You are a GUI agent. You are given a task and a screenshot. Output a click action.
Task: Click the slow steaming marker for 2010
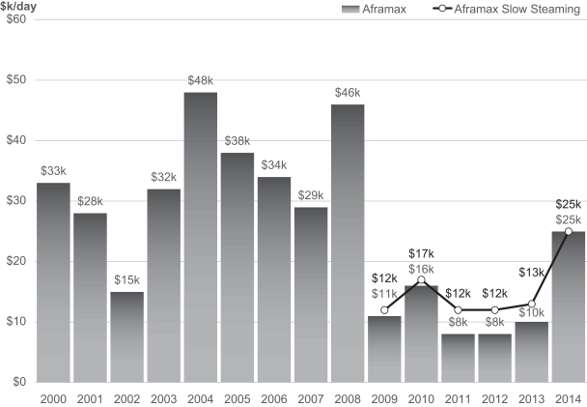point(421,279)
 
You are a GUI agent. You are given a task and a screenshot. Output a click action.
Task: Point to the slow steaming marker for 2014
point(568,231)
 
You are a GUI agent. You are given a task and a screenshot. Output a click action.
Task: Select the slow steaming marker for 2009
point(384,309)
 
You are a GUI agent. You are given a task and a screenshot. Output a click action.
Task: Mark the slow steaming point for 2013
point(531,304)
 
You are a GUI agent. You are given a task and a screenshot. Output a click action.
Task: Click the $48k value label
point(200,81)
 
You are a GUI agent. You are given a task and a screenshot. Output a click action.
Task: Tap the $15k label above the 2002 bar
point(126,280)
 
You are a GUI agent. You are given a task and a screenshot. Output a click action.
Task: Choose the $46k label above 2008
point(347,93)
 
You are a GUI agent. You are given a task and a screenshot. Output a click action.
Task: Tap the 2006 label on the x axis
point(273,397)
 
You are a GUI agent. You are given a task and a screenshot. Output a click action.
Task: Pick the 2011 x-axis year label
point(458,397)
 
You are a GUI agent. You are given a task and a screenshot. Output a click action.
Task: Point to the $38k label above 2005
point(237,141)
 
